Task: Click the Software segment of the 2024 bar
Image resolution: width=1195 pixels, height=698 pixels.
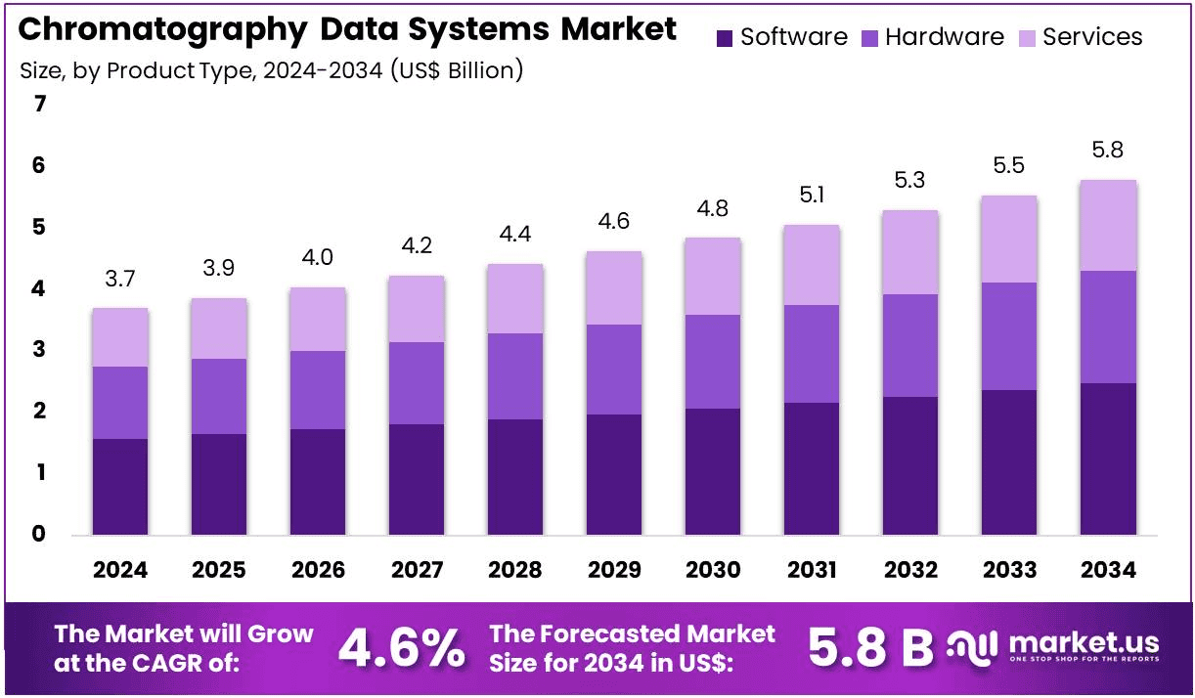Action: tap(120, 487)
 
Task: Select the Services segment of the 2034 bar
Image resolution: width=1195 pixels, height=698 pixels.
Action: tap(1108, 226)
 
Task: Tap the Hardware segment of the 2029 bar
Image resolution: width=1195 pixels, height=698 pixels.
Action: tap(614, 370)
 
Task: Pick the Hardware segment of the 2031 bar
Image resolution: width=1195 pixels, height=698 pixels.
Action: tap(812, 354)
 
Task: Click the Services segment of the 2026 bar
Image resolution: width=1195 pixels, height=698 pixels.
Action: tap(318, 320)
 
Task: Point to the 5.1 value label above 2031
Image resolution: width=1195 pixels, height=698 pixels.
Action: tap(812, 196)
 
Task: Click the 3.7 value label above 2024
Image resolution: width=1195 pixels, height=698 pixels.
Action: tap(120, 279)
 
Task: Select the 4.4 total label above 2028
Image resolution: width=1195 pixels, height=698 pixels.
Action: tap(515, 235)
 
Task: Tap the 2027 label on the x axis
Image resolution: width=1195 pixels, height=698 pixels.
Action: tap(417, 570)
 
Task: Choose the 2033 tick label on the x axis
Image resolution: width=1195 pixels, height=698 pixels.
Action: tap(1009, 570)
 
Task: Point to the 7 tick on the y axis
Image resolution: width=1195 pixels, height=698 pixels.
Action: tap(40, 104)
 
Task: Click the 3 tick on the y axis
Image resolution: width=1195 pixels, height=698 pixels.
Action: tap(40, 350)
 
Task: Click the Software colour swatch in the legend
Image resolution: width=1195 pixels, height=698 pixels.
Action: tap(725, 38)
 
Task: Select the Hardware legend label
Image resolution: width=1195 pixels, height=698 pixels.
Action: tap(944, 37)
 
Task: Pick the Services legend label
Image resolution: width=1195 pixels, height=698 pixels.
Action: tap(1092, 37)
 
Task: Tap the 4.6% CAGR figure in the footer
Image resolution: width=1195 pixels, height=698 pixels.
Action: tap(401, 647)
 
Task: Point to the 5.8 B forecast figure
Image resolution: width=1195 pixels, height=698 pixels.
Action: tap(870, 647)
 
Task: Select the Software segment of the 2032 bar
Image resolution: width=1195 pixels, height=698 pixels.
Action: tap(910, 465)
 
